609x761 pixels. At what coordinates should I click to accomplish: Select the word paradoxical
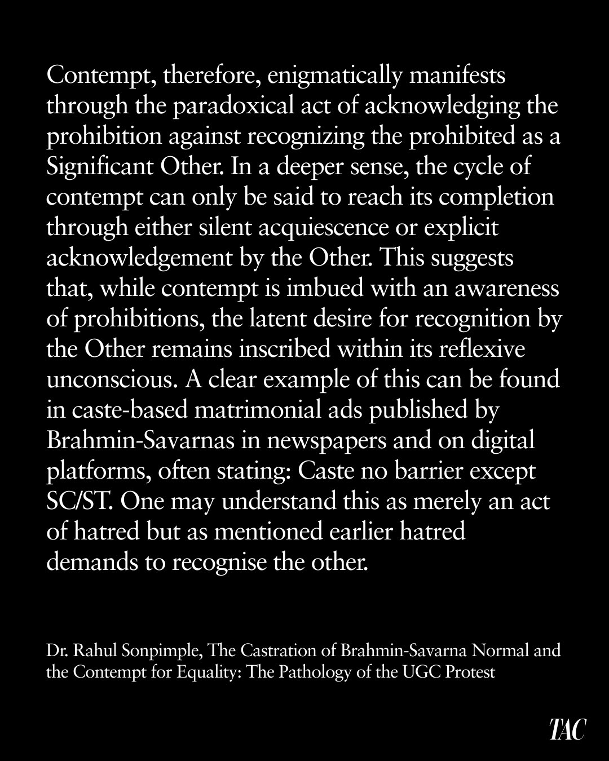238,106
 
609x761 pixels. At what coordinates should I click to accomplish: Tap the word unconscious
111,380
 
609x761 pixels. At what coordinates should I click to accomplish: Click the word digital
504,441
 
